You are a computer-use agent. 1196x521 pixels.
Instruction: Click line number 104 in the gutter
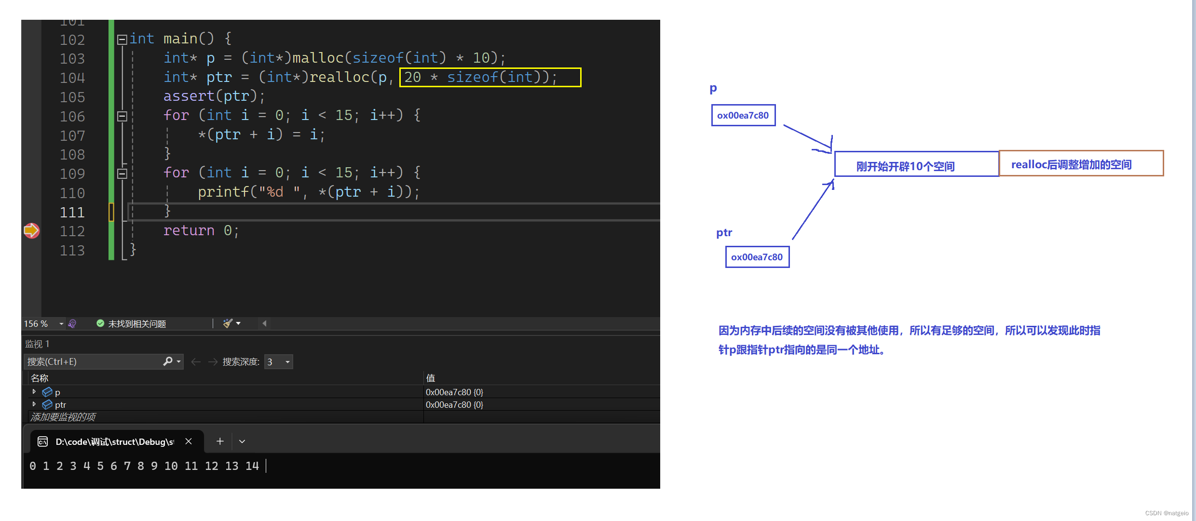[72, 78]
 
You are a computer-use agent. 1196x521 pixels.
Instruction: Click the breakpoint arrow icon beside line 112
[31, 231]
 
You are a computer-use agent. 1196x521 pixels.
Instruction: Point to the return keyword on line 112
[189, 231]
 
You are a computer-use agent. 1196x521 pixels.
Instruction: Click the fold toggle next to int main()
[122, 40]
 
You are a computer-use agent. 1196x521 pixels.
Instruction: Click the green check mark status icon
[100, 323]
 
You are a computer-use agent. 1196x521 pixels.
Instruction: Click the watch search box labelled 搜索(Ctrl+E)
[94, 361]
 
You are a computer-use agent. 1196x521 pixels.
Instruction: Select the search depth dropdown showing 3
[279, 361]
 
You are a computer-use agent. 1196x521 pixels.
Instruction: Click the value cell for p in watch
[454, 392]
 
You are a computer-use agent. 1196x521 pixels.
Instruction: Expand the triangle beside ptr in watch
[34, 404]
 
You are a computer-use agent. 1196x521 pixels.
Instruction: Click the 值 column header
[431, 378]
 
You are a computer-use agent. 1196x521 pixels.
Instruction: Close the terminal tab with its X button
[189, 441]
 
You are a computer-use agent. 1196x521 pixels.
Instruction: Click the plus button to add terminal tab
[220, 441]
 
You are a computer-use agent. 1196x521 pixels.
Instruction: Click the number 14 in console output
[252, 466]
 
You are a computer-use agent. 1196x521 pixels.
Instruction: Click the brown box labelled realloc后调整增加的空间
[1081, 164]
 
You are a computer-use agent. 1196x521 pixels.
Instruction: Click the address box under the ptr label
[757, 257]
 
